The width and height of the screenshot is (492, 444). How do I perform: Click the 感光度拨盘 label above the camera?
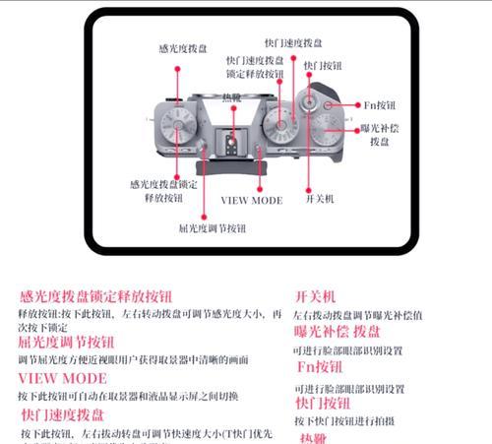tap(182, 47)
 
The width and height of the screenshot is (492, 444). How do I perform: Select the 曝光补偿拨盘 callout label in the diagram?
tap(381, 134)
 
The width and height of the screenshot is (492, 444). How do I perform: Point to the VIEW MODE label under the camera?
tap(251, 200)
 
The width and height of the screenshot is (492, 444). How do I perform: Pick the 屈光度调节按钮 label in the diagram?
tap(213, 228)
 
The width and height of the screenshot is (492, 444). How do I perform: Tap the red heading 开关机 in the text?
tap(317, 296)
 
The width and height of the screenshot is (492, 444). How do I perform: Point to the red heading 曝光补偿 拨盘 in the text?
tap(338, 331)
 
